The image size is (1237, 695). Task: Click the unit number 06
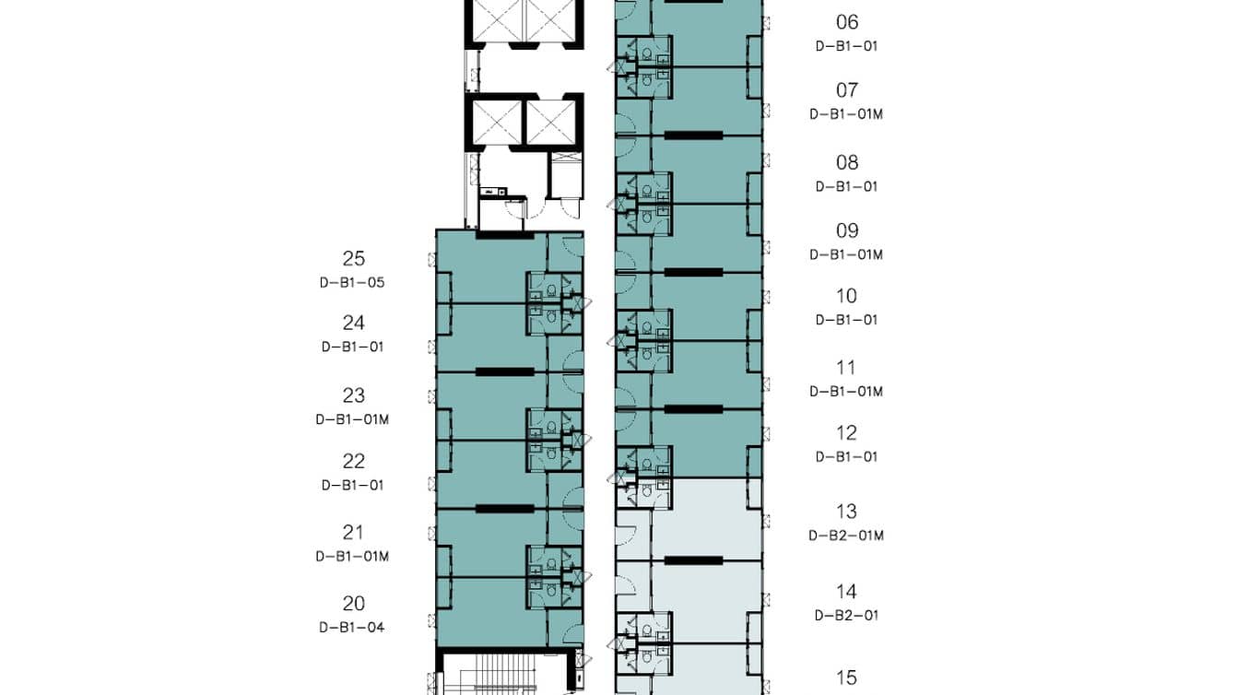(846, 22)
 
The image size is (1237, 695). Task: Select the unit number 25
(353, 258)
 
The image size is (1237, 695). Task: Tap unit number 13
(846, 512)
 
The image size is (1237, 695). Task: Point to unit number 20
(353, 604)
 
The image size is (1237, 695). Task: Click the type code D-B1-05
(352, 283)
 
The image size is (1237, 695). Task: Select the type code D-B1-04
(352, 627)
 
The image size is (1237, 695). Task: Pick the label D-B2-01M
(846, 536)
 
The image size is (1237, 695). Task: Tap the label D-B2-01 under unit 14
(846, 615)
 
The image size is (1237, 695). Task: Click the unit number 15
(846, 677)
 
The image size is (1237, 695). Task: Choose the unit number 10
(846, 297)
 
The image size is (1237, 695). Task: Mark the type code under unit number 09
(846, 254)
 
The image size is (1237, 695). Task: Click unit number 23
(353, 395)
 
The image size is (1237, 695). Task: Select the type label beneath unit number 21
(352, 557)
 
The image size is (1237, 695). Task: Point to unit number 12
(846, 433)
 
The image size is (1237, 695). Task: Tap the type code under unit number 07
(846, 114)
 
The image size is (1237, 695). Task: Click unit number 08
(846, 163)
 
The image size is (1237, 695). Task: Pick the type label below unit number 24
(352, 347)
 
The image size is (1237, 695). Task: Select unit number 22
(353, 462)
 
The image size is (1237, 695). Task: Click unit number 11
(846, 368)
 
